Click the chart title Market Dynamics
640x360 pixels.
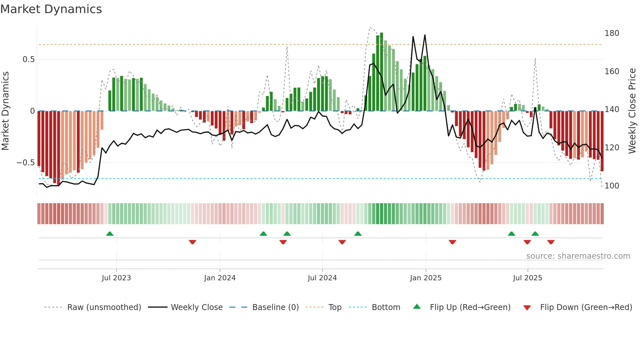click(51, 9)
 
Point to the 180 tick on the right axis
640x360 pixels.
click(612, 33)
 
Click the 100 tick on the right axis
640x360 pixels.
click(612, 186)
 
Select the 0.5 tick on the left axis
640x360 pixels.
click(28, 59)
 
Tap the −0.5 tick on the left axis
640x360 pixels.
click(25, 163)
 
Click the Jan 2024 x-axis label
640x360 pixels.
click(220, 278)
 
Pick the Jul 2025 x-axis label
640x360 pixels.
click(527, 278)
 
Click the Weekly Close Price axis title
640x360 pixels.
click(632, 111)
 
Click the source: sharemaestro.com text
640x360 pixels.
click(578, 256)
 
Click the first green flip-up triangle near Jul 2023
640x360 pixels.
click(110, 234)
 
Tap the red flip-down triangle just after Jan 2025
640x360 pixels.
click(452, 242)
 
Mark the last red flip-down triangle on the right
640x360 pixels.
click(551, 242)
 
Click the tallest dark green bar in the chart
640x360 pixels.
click(381, 72)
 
